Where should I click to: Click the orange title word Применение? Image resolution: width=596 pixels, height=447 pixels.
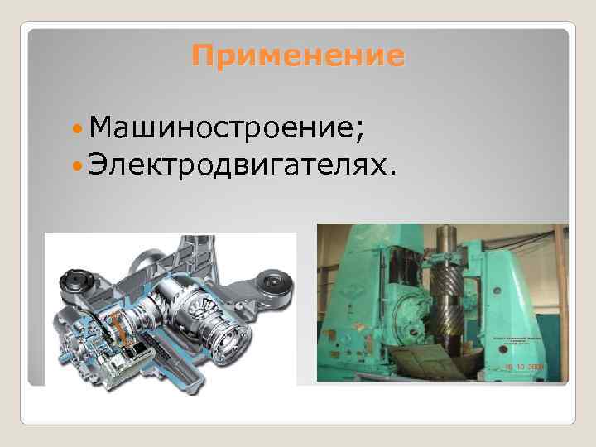tap(298, 56)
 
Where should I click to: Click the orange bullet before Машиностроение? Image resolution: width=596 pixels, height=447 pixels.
tap(78, 130)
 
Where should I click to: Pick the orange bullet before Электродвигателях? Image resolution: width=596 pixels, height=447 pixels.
tap(78, 168)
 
